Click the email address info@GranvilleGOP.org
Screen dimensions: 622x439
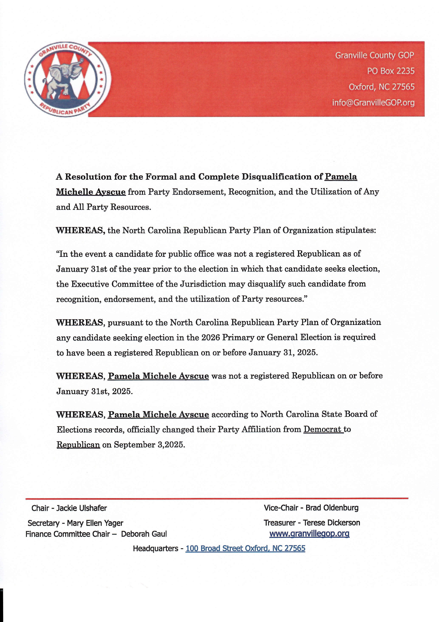(373, 103)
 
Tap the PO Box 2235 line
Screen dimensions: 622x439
(391, 71)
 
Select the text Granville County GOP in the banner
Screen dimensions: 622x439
(375, 55)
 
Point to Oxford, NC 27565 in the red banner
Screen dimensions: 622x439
(381, 87)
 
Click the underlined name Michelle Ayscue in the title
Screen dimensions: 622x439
(91, 192)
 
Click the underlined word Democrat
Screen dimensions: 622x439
(322, 429)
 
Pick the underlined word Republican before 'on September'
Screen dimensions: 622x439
(78, 445)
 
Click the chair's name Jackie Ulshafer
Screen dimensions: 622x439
(81, 508)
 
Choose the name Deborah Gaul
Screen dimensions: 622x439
(144, 534)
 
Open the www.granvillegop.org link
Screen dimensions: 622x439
(309, 534)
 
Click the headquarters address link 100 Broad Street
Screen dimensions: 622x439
(245, 549)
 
